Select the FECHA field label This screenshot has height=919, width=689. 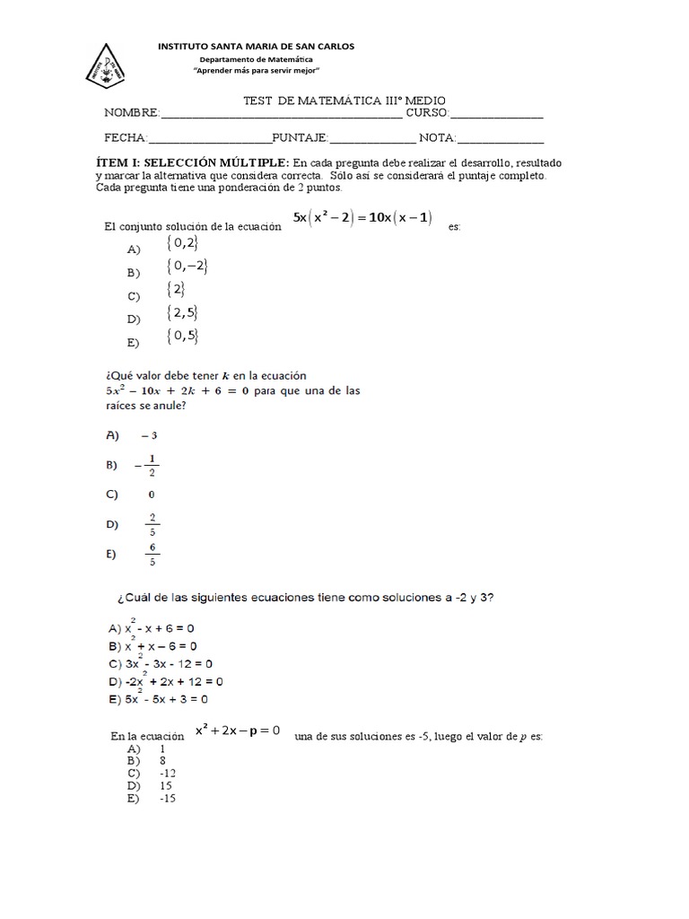126,138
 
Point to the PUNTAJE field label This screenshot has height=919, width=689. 301,138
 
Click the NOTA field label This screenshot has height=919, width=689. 438,138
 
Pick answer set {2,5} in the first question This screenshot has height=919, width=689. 182,312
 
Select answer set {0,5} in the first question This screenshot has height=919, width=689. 182,336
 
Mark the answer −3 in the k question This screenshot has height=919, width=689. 149,435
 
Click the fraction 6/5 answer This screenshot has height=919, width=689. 153,556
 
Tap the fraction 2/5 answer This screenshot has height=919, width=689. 153,524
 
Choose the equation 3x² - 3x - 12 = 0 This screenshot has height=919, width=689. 170,664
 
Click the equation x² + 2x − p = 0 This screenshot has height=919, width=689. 238,731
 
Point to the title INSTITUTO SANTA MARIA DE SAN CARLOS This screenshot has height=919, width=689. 256,46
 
